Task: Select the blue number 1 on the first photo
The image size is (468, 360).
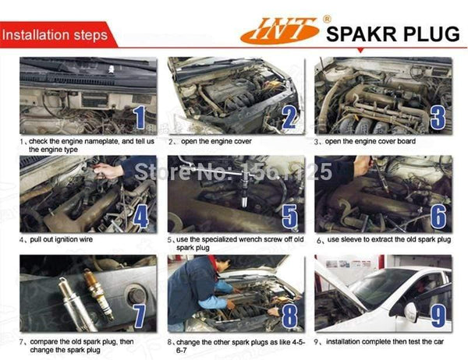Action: point(139,117)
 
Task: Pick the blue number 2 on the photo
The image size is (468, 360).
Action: point(289,117)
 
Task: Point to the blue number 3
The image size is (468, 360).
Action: point(437,117)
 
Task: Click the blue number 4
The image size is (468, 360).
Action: point(140,215)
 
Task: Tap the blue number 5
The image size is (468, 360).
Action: point(289,216)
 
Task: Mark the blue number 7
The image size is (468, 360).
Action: point(140,316)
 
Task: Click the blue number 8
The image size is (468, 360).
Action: point(289,316)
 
